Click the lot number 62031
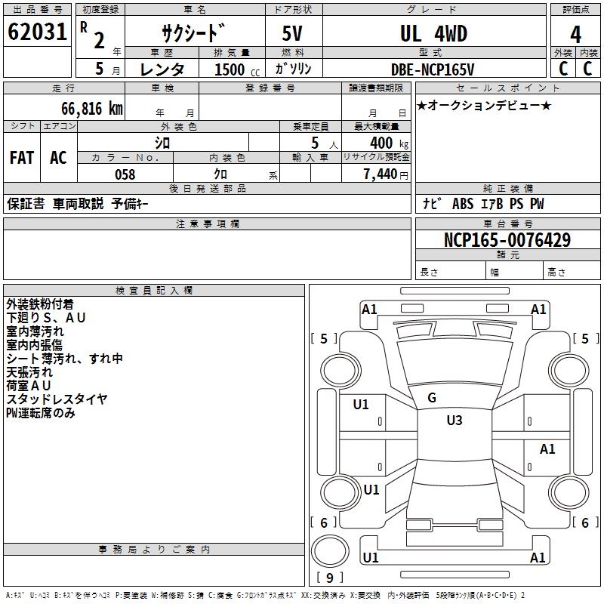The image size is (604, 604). [37, 32]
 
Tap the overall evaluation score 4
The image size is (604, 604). [575, 35]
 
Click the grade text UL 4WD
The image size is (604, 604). [433, 34]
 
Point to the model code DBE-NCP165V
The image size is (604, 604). [433, 69]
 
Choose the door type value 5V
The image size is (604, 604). [294, 34]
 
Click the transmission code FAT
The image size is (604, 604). [21, 158]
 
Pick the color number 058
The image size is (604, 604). [125, 174]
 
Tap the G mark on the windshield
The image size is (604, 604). [432, 398]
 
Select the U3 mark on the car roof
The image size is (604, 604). [454, 421]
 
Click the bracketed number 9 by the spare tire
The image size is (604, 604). [329, 578]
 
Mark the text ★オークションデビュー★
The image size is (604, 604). [484, 106]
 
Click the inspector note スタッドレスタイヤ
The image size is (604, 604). [57, 399]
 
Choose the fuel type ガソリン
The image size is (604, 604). [294, 69]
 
